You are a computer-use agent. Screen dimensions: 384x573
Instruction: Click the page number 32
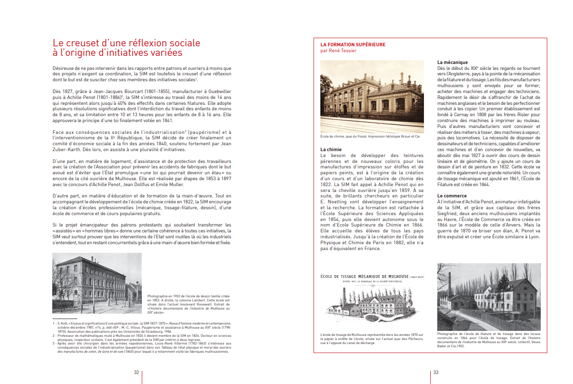136,372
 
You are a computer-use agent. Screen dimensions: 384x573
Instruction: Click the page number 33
436,372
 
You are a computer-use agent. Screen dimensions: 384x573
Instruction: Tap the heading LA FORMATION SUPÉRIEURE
353,44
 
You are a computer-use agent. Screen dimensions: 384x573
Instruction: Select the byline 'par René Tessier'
338,51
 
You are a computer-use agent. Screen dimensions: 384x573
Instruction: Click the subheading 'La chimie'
331,149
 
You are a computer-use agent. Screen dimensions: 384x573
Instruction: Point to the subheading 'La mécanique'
452,62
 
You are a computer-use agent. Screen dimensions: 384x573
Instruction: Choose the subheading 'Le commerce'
451,196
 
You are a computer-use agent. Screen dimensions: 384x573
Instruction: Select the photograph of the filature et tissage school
488,297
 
